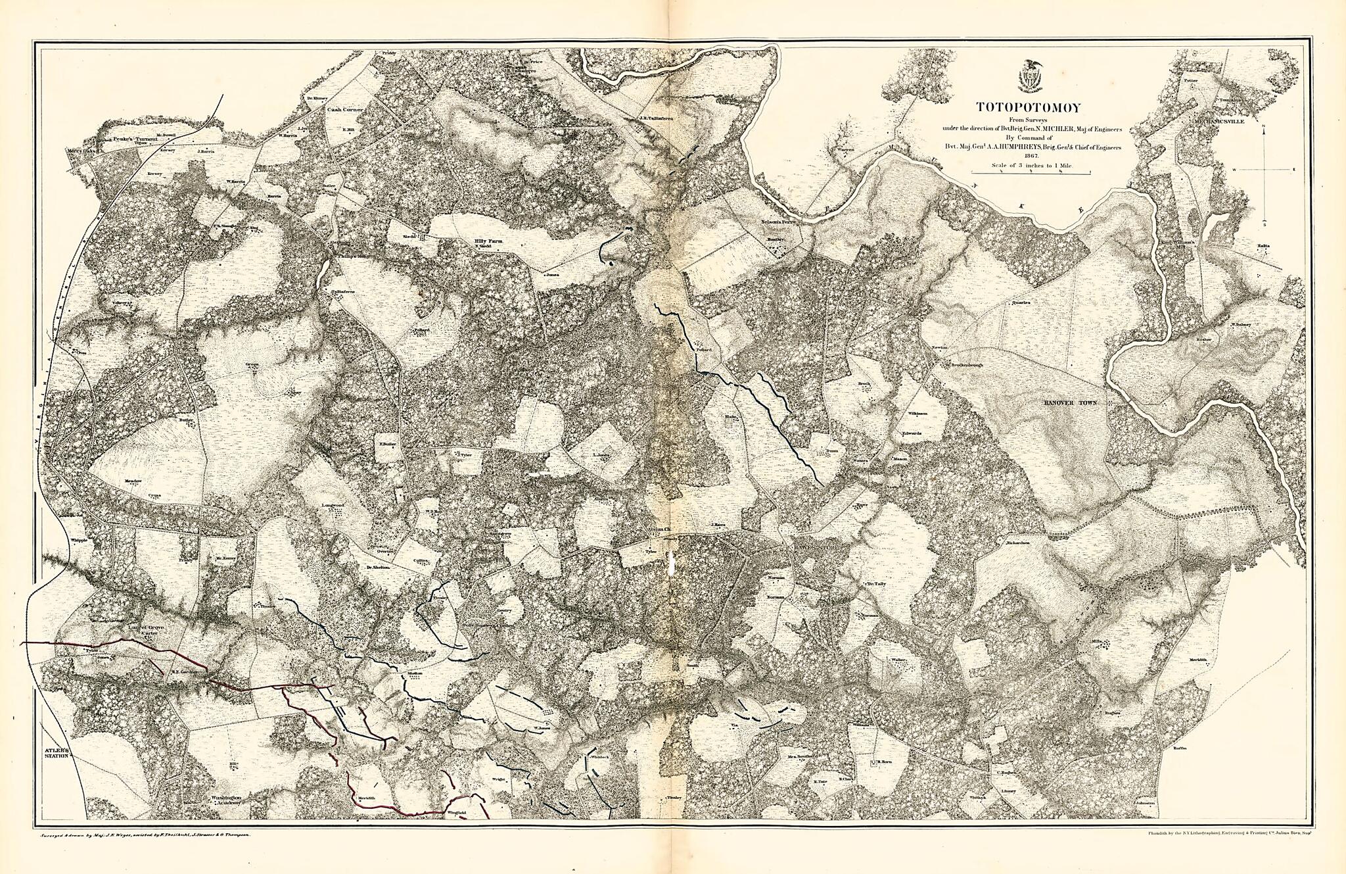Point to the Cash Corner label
coord(345,110)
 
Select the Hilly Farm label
coord(488,242)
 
